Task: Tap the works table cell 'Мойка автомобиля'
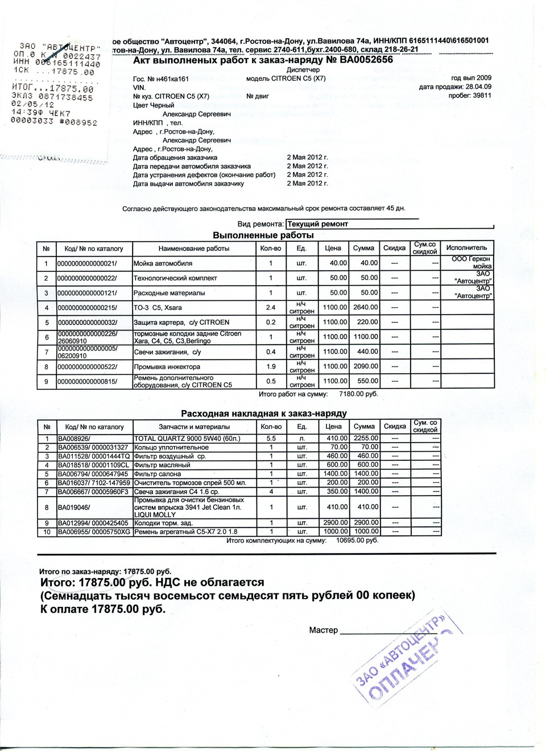(x=163, y=263)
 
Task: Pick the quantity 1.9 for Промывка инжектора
(x=271, y=366)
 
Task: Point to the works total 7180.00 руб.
(x=358, y=394)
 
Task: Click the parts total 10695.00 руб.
(x=357, y=540)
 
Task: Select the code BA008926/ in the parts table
(x=74, y=439)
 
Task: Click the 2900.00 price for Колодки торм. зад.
(x=336, y=522)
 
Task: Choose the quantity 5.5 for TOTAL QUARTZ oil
(x=271, y=439)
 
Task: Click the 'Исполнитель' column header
(x=466, y=248)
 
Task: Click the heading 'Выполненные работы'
(x=263, y=235)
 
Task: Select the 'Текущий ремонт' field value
(x=317, y=224)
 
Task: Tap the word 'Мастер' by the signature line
(x=324, y=630)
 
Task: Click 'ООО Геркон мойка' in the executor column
(x=471, y=262)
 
